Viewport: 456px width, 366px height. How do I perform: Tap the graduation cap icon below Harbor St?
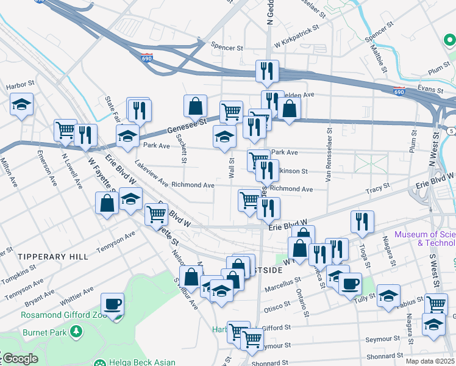[22, 104]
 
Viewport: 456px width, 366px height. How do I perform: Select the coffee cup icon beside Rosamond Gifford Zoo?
[113, 304]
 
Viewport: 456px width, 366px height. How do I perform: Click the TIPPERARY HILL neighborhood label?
[53, 257]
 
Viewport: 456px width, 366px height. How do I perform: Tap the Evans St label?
[429, 88]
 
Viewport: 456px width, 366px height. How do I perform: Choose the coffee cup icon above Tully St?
[350, 284]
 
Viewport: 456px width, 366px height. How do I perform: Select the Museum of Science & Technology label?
[425, 239]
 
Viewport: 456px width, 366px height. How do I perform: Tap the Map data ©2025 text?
[429, 361]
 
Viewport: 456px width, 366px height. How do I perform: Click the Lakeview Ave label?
[152, 173]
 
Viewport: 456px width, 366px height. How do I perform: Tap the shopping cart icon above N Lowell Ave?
[65, 131]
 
